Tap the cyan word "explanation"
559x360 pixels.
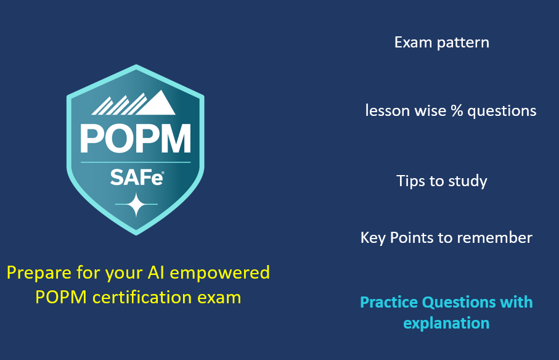point(446,323)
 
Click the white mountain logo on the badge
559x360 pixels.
point(134,103)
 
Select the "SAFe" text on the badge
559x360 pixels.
point(136,177)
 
